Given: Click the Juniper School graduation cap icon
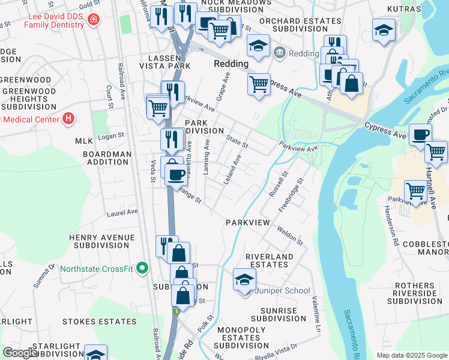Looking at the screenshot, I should pos(245,280).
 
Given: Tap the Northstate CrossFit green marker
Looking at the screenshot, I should pos(142,268).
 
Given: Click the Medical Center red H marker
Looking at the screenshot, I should pos(68,118).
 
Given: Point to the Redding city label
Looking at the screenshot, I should pos(231,64).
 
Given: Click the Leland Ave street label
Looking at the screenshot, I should pos(233,170).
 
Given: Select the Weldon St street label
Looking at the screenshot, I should pos(291,235).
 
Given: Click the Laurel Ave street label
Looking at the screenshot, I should pos(122,212).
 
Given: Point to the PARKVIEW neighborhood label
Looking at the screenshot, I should pos(248,223).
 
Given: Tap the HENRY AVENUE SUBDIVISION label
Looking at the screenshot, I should pos(101,241).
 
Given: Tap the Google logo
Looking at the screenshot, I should pos(20,353).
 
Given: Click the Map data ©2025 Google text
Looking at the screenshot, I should pos(411,355).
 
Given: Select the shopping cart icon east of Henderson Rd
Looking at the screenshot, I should pos(415,191).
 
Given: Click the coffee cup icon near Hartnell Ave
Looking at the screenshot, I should pos(420,134).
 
